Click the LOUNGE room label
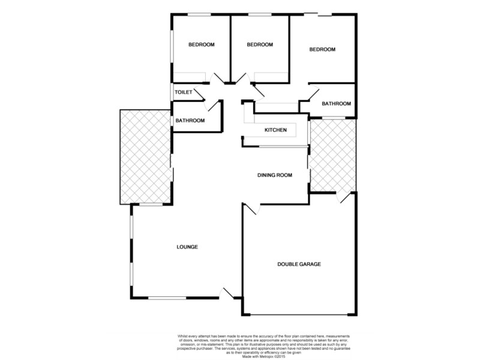[187, 247]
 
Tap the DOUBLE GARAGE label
[299, 264]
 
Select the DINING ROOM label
[274, 175]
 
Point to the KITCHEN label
[276, 130]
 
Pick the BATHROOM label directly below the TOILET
[190, 121]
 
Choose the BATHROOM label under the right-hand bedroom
[336, 104]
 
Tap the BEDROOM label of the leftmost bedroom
[201, 44]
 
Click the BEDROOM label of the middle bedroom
[260, 44]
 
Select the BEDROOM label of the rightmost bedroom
[322, 49]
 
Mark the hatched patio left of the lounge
[145, 156]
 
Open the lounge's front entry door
[228, 293]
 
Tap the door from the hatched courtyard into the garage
[343, 197]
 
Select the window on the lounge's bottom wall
[167, 298]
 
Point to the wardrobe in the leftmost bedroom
[190, 76]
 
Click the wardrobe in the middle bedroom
[271, 76]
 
